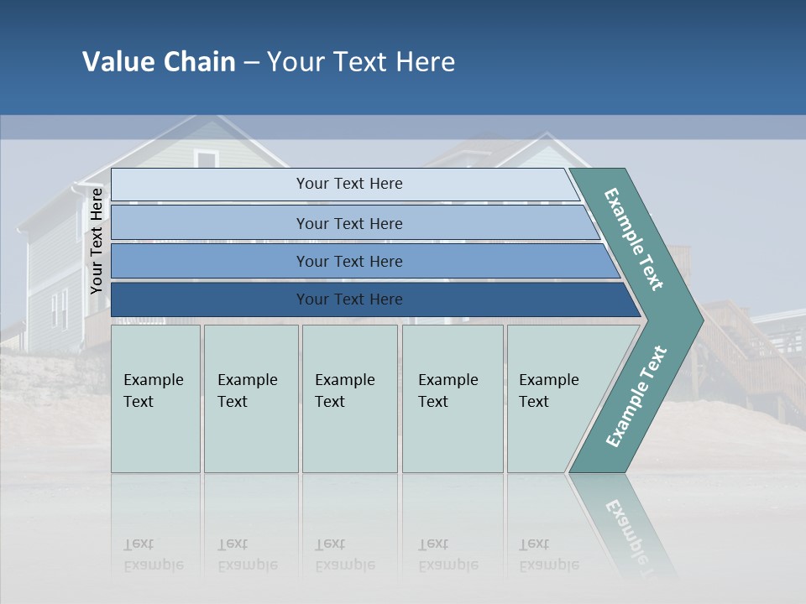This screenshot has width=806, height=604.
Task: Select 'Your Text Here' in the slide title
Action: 361,62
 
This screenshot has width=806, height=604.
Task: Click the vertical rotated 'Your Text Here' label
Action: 97,241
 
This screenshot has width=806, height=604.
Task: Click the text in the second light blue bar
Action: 349,224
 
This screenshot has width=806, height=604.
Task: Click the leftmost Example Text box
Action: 155,398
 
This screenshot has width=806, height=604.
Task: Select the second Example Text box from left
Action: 250,398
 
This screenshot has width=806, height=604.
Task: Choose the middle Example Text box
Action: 349,398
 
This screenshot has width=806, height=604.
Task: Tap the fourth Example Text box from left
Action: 452,398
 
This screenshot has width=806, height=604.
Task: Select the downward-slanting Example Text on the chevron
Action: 634,240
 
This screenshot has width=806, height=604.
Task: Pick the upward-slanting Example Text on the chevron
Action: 636,396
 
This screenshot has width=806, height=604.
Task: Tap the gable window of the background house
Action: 206,159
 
